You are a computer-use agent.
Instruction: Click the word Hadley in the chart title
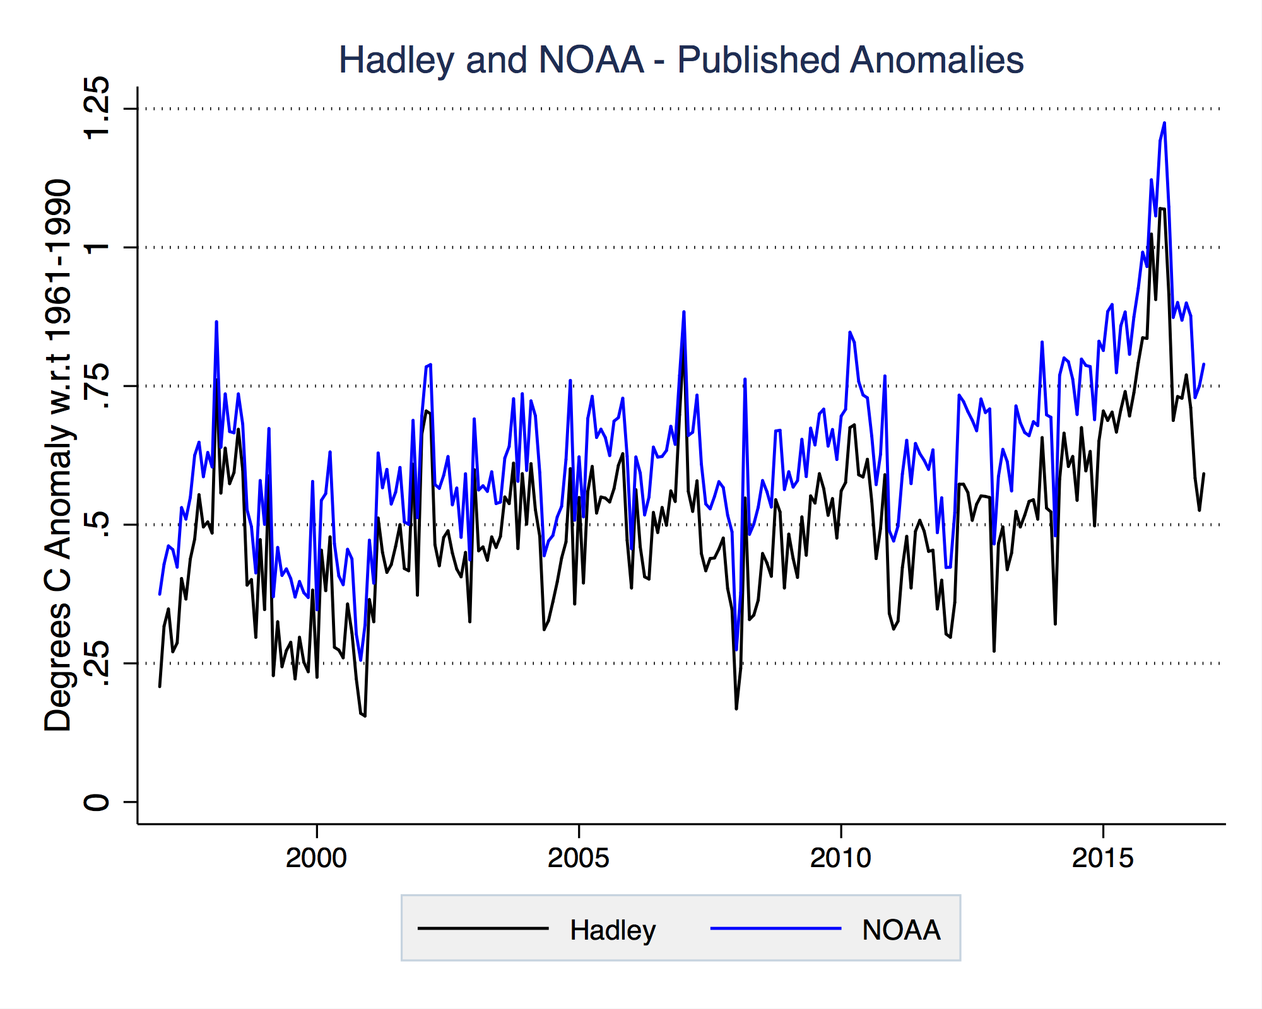coord(396,61)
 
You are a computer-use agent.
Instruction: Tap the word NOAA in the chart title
coord(591,61)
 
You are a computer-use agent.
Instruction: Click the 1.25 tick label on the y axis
coord(97,108)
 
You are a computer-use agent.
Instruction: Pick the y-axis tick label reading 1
coord(97,247)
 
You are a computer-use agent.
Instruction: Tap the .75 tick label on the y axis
coord(97,386)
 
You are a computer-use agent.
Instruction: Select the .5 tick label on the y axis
coord(97,525)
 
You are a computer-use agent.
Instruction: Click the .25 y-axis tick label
coord(97,663)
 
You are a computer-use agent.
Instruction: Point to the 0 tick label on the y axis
coord(97,802)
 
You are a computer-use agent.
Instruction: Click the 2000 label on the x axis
coord(316,858)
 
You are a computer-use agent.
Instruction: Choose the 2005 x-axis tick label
coord(578,858)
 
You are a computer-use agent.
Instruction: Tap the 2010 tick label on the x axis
coord(840,858)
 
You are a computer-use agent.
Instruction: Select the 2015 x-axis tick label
coord(1102,858)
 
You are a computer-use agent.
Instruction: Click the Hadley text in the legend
coord(613,930)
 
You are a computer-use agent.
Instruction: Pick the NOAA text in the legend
coord(901,930)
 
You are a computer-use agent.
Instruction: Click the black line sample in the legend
coord(483,928)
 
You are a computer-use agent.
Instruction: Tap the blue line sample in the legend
coord(775,928)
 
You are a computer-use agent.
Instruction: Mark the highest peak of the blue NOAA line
coord(1164,124)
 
